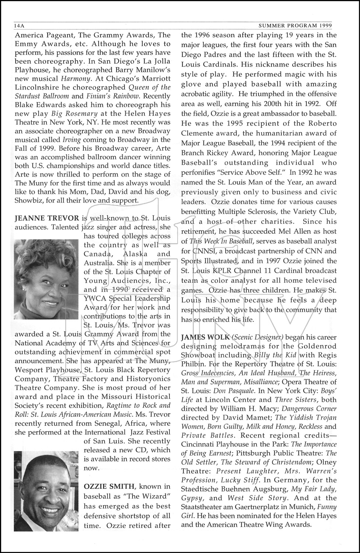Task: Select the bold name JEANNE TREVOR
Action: (46, 218)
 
